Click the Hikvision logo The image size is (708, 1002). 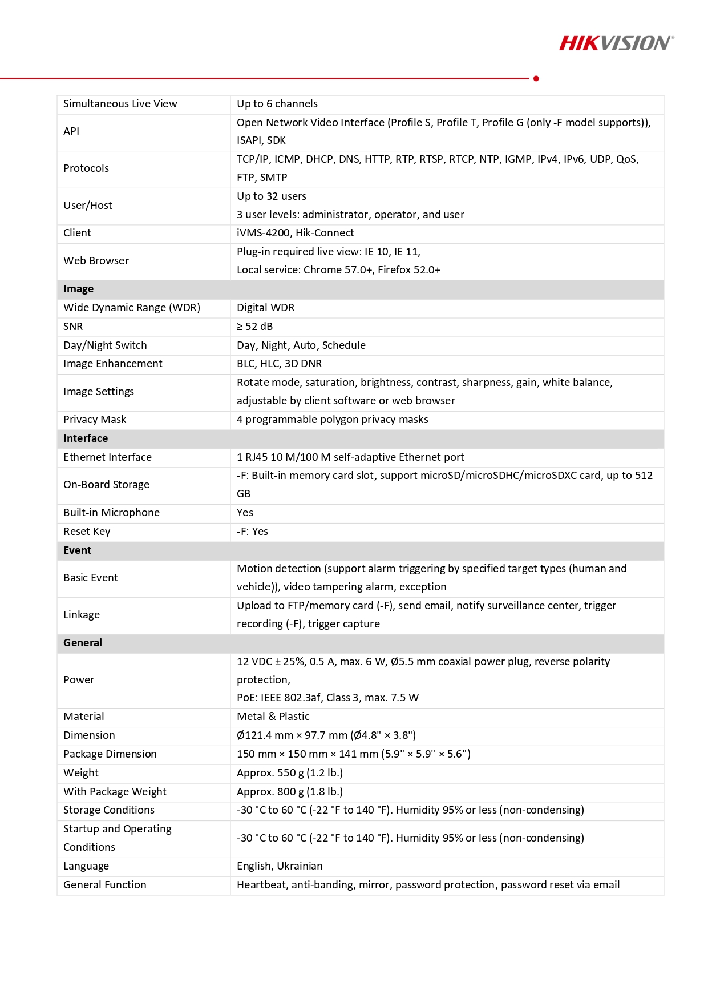(x=616, y=43)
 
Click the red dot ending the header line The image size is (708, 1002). (x=536, y=78)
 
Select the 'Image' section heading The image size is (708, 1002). (x=79, y=289)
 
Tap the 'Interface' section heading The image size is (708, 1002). (x=86, y=438)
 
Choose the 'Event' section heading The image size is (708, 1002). (x=77, y=550)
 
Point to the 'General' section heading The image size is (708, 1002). (x=83, y=643)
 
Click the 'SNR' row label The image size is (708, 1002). (x=73, y=327)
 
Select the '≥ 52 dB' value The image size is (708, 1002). (x=254, y=327)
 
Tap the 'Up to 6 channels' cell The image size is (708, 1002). (x=277, y=104)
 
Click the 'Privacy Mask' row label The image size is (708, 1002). (x=95, y=420)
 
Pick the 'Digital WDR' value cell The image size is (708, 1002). (x=265, y=308)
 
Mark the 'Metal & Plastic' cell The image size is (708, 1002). (x=273, y=717)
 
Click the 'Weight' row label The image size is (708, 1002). (x=81, y=773)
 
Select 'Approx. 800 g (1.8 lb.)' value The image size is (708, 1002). (x=289, y=792)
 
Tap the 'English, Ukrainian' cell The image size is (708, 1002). (x=280, y=866)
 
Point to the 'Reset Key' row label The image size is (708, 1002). (x=87, y=532)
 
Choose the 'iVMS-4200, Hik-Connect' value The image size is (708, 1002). (x=295, y=233)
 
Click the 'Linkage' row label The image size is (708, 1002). (x=82, y=615)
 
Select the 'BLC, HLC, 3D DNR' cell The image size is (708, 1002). (x=279, y=364)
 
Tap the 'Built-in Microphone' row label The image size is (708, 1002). (x=111, y=513)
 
